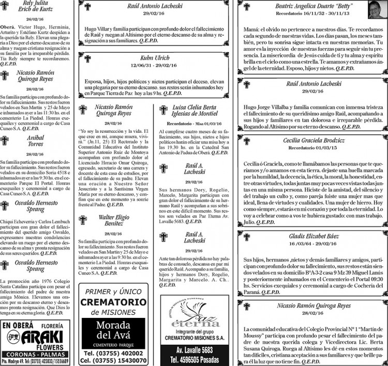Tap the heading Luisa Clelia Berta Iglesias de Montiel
(x=195, y=110)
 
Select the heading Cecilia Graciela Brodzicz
(x=314, y=140)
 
